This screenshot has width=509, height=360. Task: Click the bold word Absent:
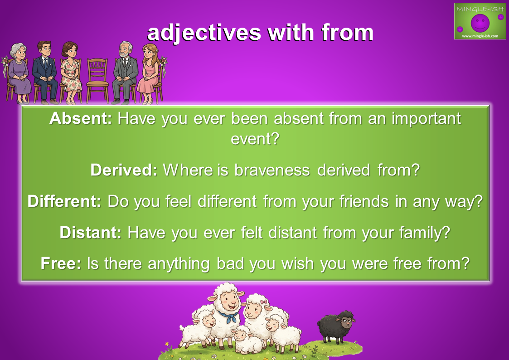point(81,118)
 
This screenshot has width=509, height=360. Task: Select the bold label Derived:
point(124,170)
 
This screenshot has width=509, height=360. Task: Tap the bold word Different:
point(64,201)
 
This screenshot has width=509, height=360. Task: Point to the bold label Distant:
point(91,233)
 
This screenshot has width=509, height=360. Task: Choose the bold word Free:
point(61,263)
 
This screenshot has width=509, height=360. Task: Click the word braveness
point(272,170)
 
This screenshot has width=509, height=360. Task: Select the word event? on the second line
point(255,139)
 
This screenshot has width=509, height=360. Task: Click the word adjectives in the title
point(204,33)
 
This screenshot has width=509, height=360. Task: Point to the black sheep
point(336,326)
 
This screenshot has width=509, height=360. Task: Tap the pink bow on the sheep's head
point(264,302)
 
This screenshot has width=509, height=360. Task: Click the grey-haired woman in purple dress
point(19,73)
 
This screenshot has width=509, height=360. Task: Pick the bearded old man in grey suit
point(125,73)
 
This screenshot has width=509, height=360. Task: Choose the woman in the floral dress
point(70,73)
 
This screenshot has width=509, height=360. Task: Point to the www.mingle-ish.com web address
point(480,36)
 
